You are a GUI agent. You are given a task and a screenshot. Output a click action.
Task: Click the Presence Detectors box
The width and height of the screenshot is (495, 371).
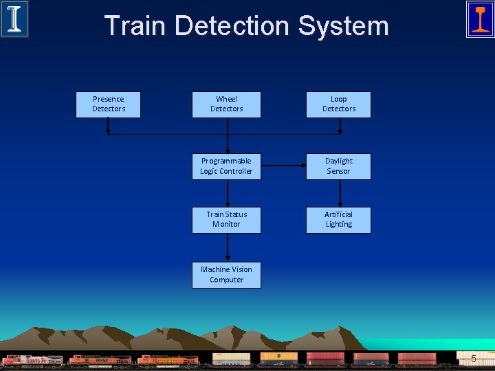108,104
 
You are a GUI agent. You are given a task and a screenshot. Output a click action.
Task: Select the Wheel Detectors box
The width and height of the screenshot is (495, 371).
226,104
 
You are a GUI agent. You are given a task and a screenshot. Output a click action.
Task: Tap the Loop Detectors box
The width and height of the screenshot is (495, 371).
338,104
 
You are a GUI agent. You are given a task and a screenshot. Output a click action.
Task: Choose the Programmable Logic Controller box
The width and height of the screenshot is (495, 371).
226,166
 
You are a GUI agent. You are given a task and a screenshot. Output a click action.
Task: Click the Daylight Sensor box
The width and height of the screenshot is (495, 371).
338,166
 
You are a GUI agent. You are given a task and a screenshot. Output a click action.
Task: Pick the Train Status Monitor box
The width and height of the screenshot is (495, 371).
226,220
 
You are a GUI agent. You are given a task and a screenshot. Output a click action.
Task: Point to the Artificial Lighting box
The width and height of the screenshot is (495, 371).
338,220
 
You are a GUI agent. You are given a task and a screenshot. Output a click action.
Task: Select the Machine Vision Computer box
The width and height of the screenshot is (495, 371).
226,275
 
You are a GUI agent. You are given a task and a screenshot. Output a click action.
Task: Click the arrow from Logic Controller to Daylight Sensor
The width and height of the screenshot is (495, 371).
283,166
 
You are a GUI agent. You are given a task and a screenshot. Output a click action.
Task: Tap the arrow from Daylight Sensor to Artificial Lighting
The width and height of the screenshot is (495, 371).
338,193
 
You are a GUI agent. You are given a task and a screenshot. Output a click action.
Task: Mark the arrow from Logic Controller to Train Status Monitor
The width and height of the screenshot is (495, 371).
226,193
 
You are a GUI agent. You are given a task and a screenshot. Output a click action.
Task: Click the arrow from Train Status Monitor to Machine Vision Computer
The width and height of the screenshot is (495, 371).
226,247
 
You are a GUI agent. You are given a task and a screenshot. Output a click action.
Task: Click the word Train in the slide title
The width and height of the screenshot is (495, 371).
135,26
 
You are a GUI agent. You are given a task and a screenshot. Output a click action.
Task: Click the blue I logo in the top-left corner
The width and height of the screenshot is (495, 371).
14,19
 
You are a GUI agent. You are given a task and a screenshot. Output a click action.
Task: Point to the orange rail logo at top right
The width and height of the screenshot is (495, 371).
480,19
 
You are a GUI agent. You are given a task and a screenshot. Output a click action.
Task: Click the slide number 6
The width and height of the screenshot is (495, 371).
473,359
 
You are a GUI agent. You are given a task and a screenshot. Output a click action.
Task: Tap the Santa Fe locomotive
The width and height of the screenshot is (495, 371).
33,360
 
